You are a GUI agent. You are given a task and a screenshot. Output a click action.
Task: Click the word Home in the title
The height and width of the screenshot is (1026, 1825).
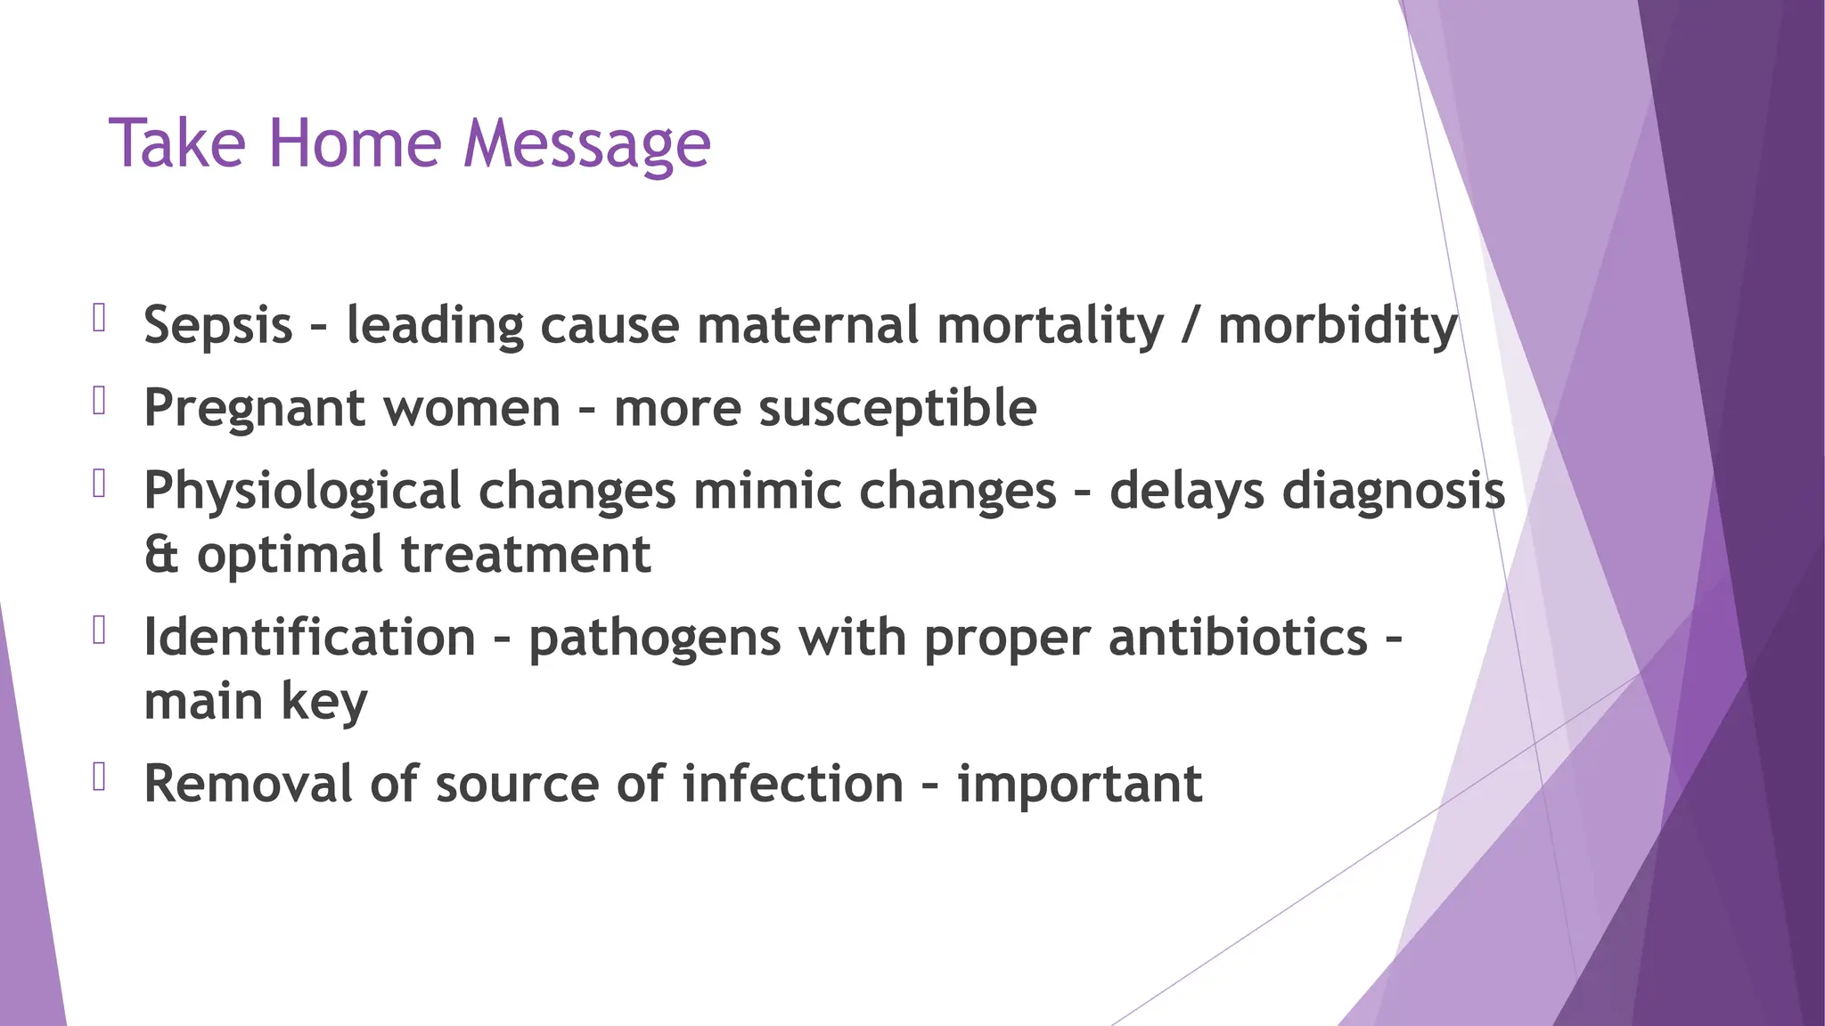coord(355,143)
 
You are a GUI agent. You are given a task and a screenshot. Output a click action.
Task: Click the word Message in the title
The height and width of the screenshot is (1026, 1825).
coord(586,145)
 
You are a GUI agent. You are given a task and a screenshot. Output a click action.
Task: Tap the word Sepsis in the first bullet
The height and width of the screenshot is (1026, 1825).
coord(217,325)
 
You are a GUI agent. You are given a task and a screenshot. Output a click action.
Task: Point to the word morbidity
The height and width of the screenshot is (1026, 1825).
coord(1337,325)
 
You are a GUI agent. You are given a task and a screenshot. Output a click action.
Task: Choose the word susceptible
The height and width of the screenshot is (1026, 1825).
coord(897,409)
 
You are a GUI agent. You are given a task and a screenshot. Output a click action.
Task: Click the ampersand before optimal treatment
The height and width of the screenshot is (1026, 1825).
coord(161,555)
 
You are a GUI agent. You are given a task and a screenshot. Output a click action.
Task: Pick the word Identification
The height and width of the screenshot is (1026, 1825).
coord(309,638)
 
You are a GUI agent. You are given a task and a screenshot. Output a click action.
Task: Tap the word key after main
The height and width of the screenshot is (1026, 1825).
coord(324,703)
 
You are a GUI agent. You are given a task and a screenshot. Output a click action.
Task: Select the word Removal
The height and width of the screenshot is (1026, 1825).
coord(248,784)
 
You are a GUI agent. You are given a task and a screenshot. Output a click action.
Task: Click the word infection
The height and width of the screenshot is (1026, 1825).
coord(793,784)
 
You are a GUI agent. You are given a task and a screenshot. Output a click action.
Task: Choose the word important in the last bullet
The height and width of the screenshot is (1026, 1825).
coord(1079,785)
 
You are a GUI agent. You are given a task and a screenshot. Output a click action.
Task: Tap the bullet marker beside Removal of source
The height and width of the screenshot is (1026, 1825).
coord(99,777)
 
